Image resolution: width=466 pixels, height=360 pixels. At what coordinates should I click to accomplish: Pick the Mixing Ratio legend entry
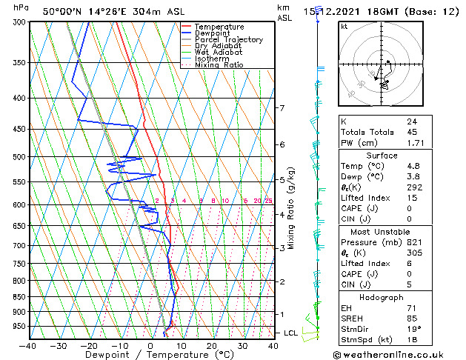tap(219, 65)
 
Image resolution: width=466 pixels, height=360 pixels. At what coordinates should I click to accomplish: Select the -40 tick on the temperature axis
tap(28, 346)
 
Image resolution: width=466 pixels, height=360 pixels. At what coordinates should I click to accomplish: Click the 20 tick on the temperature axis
tap(212, 346)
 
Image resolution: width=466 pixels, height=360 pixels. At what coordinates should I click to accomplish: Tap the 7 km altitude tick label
tap(282, 108)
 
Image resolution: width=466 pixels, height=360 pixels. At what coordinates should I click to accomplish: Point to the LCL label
tap(291, 333)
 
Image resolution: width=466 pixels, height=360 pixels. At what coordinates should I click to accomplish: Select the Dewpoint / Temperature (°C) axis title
tap(150, 355)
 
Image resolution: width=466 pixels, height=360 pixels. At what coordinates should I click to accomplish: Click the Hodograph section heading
tap(382, 297)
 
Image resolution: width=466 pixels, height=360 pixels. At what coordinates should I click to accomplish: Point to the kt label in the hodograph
tap(344, 26)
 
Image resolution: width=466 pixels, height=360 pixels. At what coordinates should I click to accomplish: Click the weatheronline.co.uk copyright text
tap(399, 354)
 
